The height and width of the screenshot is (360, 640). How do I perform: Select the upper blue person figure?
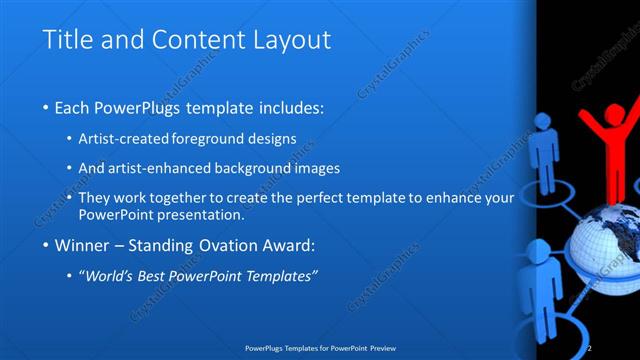544,150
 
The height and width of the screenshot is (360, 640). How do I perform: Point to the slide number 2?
590,348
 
